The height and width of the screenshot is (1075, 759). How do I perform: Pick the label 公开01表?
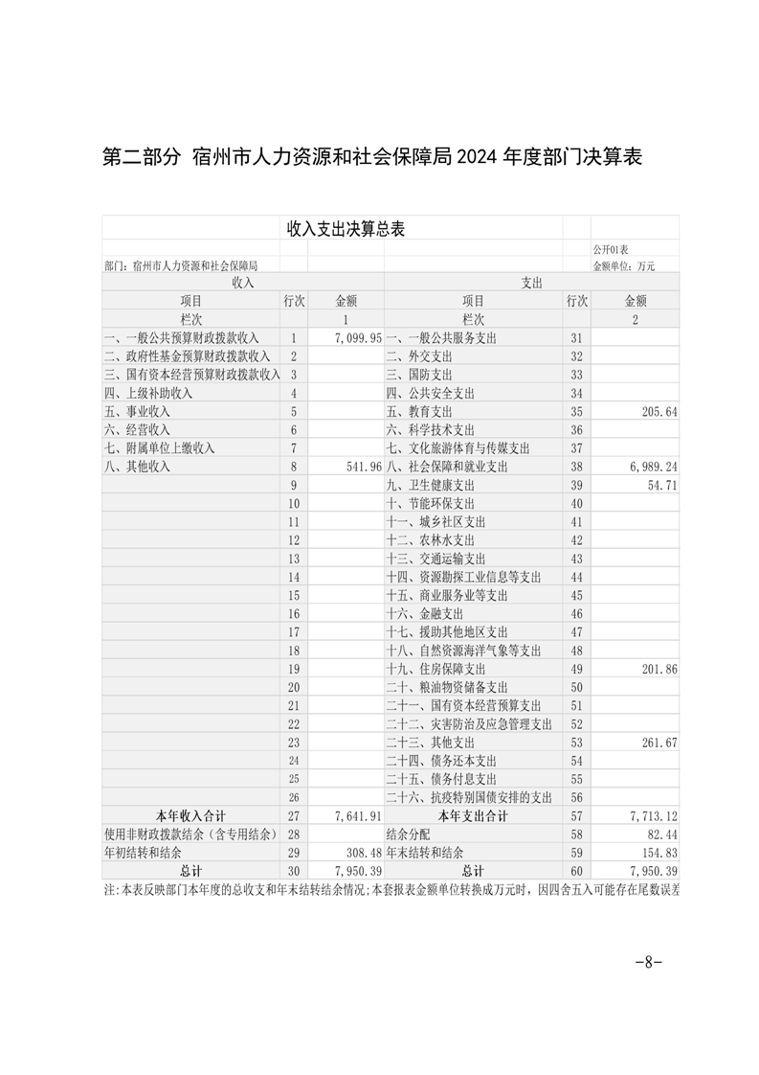611,249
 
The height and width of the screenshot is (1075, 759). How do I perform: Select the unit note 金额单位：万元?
624,265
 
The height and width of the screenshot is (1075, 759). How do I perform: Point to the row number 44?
576,577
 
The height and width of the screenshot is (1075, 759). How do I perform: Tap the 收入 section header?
243,283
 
